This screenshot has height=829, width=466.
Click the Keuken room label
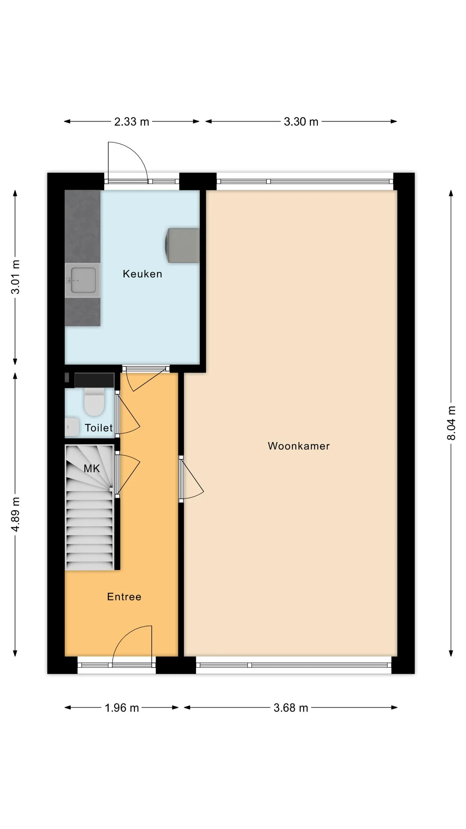142,274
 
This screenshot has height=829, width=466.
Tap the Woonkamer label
299,446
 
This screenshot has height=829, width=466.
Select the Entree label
124,596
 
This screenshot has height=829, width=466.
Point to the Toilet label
99,428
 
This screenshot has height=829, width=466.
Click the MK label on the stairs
92,468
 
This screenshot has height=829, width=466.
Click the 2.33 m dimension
132,122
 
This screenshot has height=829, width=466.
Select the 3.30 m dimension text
301,122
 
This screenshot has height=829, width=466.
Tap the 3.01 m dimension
15,277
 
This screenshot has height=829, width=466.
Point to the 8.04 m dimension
451,423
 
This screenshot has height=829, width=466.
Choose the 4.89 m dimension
15,514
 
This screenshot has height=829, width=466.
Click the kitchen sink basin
83,280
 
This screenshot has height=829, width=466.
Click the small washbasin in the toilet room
72,427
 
